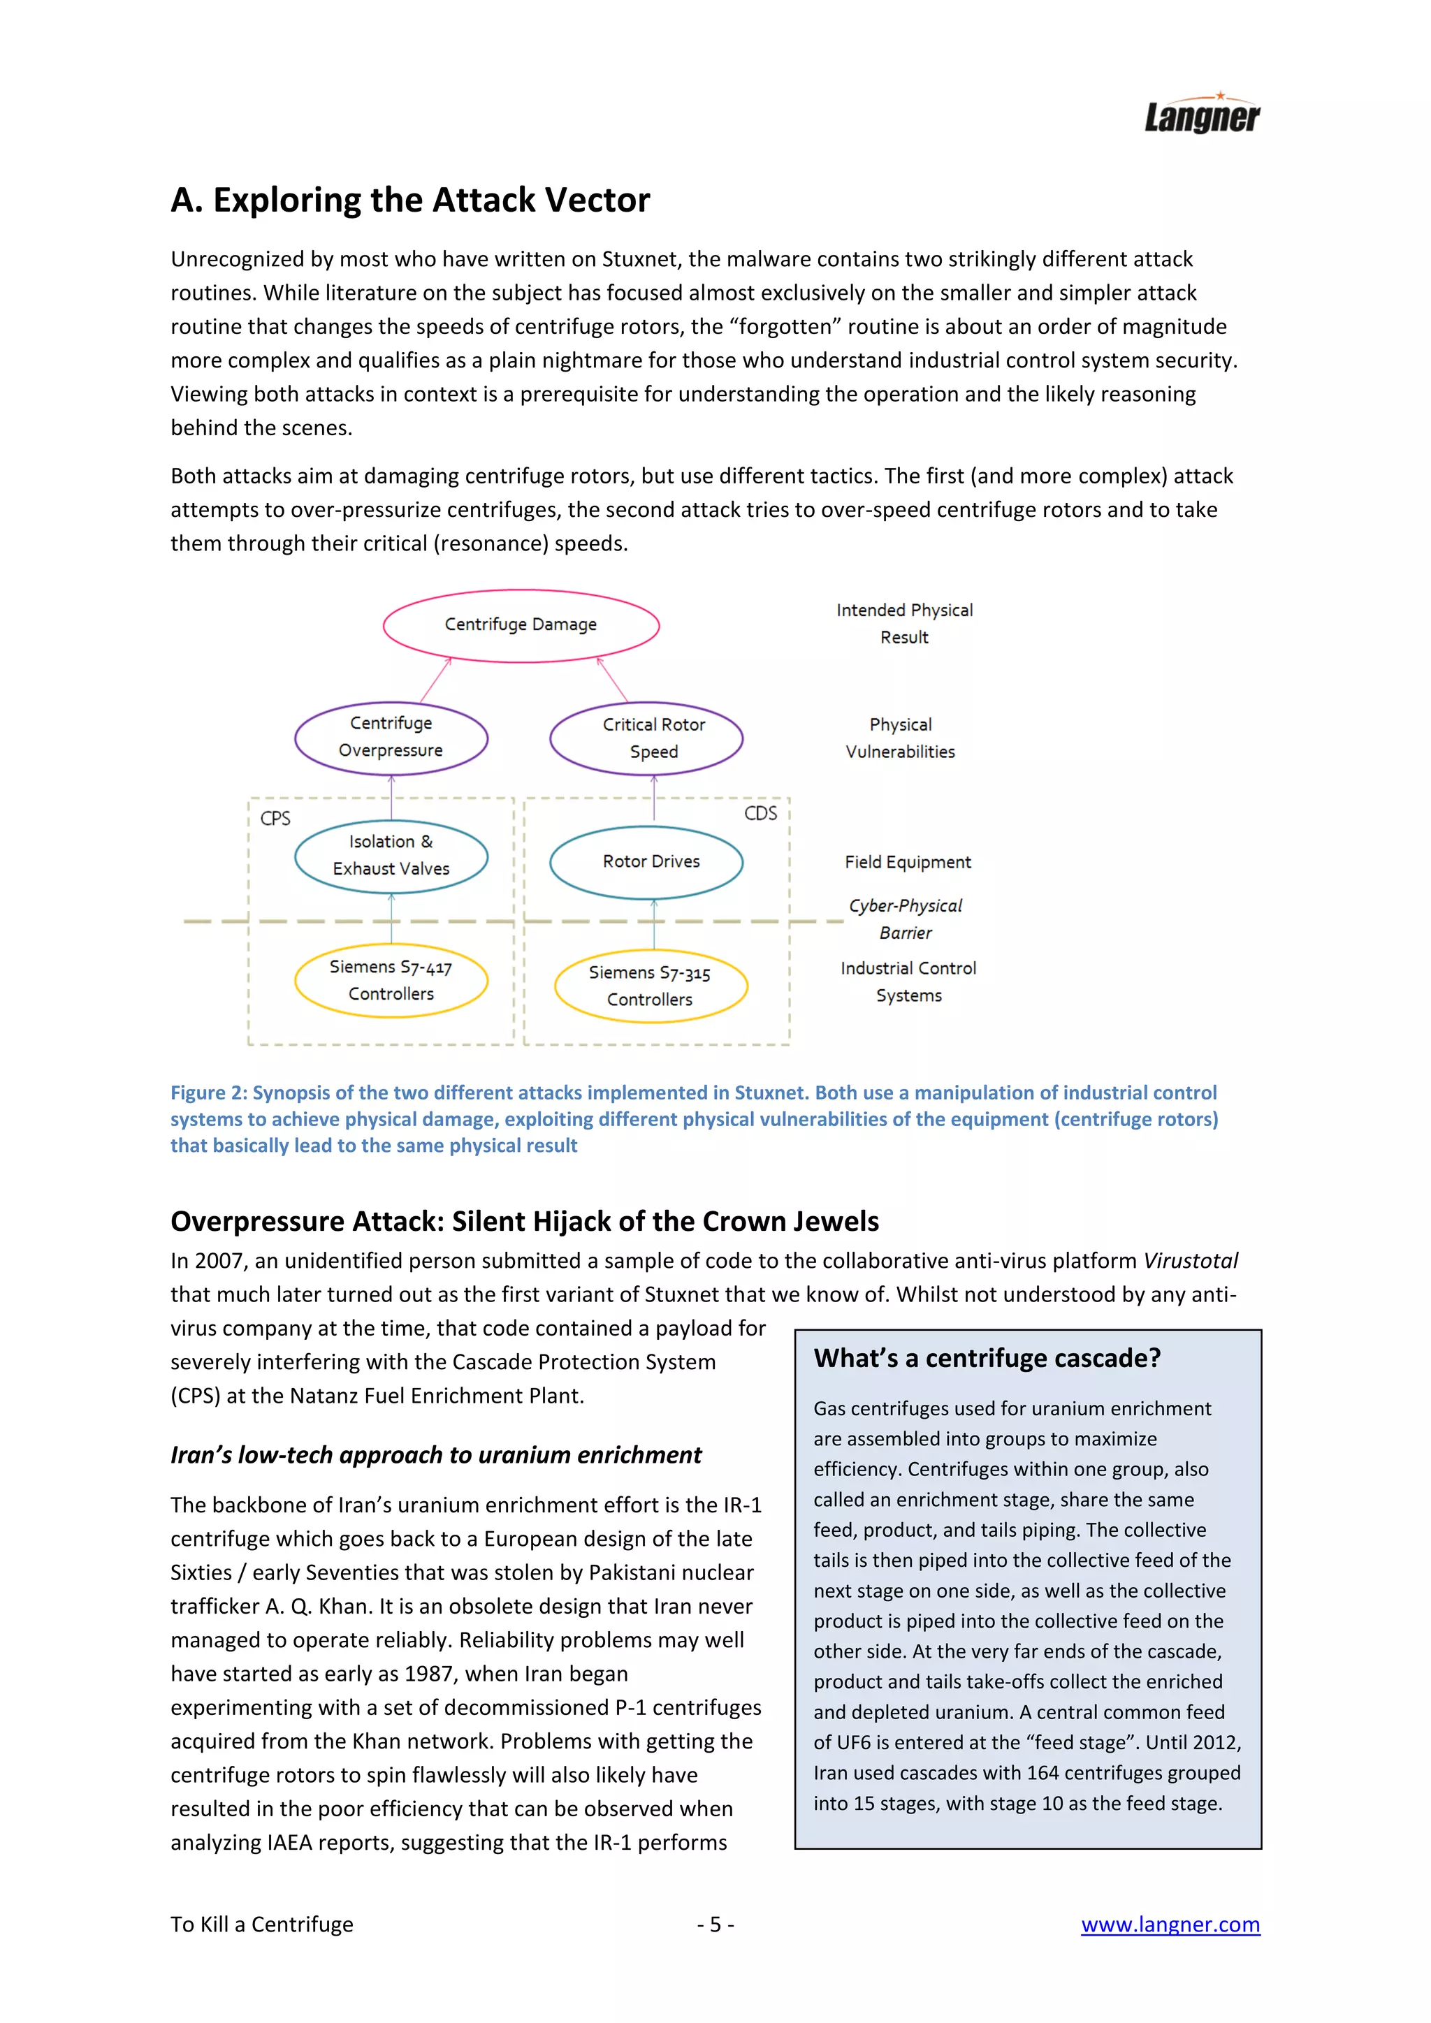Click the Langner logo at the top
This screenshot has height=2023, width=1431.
(x=1201, y=115)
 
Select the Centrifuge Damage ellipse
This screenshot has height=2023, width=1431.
(x=521, y=625)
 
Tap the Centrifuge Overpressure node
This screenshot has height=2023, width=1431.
(x=391, y=738)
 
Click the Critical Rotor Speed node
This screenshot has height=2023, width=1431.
(x=654, y=738)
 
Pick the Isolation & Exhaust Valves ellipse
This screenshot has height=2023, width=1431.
(x=391, y=856)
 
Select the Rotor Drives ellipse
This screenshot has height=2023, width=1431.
(x=651, y=862)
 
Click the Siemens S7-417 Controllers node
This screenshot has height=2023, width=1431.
(x=391, y=980)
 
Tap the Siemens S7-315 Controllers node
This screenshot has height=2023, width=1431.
(x=651, y=986)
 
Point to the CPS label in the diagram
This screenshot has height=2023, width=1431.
(x=275, y=819)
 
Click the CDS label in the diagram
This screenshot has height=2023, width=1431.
(x=760, y=813)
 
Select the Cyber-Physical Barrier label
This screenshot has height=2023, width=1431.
(x=905, y=919)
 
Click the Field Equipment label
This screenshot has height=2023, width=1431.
(x=908, y=862)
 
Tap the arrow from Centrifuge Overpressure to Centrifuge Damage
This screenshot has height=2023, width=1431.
(x=435, y=681)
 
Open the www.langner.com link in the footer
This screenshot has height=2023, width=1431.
(x=1170, y=1925)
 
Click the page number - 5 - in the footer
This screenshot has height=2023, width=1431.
(x=715, y=1925)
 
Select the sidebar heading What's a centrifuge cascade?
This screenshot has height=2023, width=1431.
(x=987, y=1359)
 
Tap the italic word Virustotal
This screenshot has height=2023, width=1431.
(x=1191, y=1261)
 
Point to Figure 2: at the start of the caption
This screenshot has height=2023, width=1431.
(x=209, y=1093)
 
